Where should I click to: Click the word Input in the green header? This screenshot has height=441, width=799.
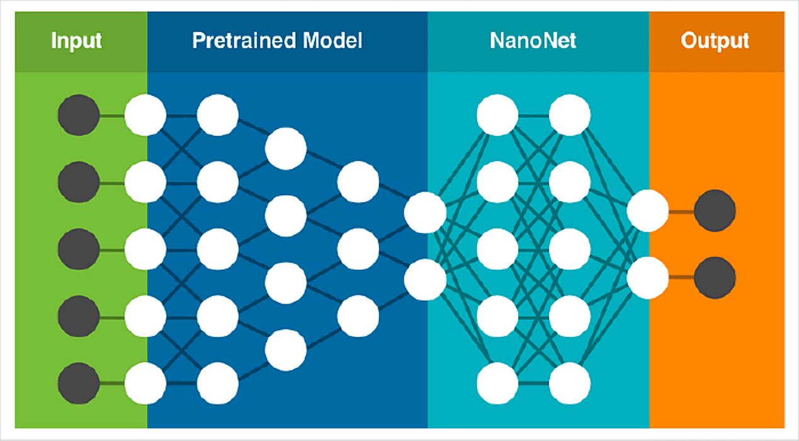[x=76, y=42]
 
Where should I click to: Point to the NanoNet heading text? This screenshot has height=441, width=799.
[x=533, y=42]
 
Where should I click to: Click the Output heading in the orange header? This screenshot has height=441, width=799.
[x=715, y=42]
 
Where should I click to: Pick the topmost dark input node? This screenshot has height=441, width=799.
[x=79, y=115]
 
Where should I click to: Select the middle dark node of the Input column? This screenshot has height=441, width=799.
[x=79, y=249]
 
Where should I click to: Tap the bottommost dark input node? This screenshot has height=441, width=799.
[x=79, y=383]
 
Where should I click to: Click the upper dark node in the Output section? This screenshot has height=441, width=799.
[x=715, y=211]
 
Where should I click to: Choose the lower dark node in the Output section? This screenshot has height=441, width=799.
[x=715, y=278]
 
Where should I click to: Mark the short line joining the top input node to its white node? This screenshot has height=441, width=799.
[x=112, y=115]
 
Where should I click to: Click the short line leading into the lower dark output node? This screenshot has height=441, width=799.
[x=681, y=278]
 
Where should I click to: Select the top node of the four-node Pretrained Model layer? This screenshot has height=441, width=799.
[x=285, y=149]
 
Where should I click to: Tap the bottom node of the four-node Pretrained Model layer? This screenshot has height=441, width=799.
[x=285, y=349]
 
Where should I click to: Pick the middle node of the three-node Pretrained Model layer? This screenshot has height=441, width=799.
[x=358, y=249]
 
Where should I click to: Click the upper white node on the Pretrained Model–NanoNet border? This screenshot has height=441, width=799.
[x=425, y=212]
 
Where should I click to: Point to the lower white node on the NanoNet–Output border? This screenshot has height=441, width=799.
[x=647, y=278]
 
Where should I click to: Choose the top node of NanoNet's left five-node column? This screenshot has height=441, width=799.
[x=497, y=115]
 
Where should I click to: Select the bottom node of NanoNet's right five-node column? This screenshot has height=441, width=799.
[x=570, y=383]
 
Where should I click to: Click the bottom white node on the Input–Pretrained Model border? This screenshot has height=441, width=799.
[x=145, y=383]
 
